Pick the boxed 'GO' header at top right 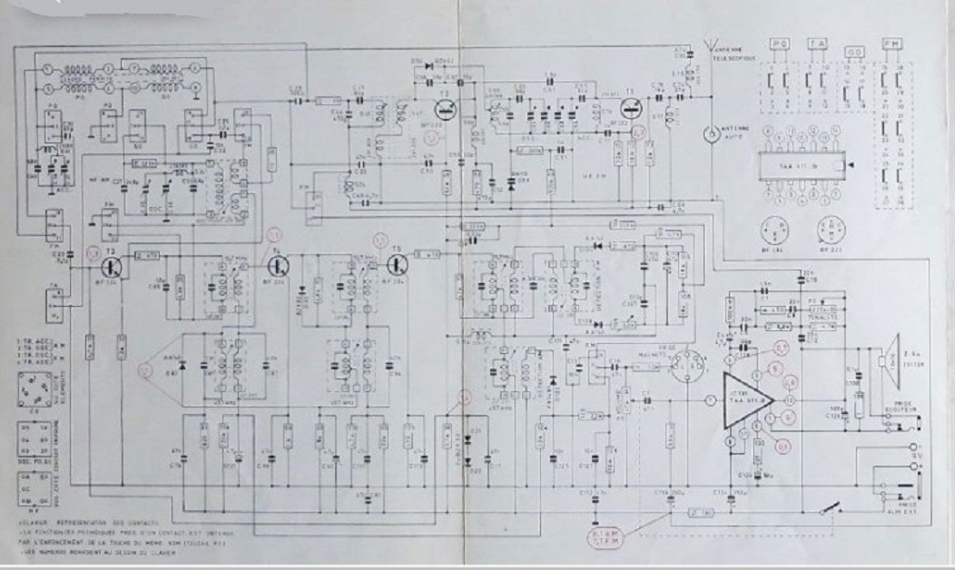point(852,53)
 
